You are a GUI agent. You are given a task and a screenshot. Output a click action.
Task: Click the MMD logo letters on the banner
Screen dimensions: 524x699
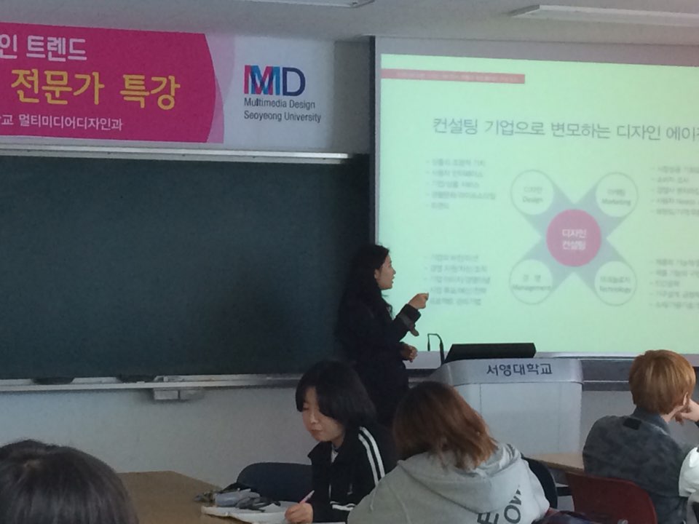[x=274, y=81]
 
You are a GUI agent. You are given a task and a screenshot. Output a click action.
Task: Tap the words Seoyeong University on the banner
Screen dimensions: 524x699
[x=282, y=117]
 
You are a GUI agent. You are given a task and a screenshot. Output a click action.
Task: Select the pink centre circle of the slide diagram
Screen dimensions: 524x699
[x=574, y=237]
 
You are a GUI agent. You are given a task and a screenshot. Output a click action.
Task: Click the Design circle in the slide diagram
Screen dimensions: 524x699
[x=532, y=193]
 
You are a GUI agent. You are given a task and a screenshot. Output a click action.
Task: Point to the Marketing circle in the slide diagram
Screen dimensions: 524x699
[x=616, y=194]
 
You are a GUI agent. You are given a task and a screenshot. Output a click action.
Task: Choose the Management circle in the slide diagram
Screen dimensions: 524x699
[x=531, y=282]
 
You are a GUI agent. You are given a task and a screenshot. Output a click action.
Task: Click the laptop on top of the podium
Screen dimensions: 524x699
[x=489, y=352]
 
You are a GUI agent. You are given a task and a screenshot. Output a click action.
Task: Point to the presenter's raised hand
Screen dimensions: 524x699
[x=419, y=300]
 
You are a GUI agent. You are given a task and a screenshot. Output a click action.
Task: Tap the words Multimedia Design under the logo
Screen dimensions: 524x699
[x=281, y=104]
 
